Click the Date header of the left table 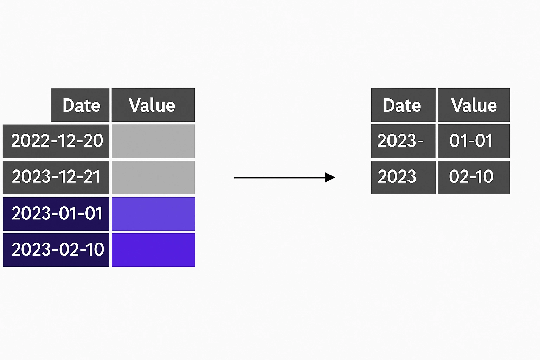[x=80, y=105]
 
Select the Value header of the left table [x=153, y=105]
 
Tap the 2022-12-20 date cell [x=56, y=141]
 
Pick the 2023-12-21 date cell [x=56, y=178]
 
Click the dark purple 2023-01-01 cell [x=56, y=214]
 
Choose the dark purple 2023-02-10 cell [x=56, y=250]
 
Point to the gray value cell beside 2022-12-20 [x=153, y=141]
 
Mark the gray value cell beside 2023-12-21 [x=153, y=178]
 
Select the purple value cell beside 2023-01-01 [x=153, y=214]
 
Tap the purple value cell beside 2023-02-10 [x=153, y=250]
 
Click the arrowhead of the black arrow [x=330, y=178]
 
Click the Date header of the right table [x=403, y=105]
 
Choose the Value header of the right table [x=474, y=105]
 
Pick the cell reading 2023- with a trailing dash [x=403, y=141]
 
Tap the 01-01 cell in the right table [x=474, y=141]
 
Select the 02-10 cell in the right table [x=474, y=178]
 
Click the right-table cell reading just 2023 [x=403, y=178]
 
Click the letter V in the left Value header [x=135, y=105]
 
